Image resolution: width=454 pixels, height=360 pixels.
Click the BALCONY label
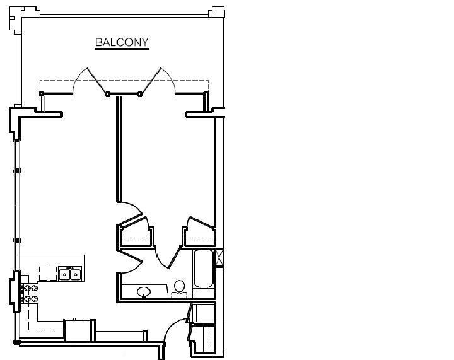tap(122, 43)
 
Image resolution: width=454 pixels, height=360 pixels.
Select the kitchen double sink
tap(70, 274)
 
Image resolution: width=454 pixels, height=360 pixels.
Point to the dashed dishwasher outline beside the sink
tap(48, 273)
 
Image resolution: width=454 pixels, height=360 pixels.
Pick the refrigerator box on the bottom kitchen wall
tap(80, 330)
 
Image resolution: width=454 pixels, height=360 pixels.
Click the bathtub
tap(203, 269)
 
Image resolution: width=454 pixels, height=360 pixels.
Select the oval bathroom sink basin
tap(144, 292)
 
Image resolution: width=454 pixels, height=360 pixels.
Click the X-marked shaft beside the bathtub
tap(219, 258)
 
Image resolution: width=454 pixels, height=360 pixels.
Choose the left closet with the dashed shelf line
tap(136, 235)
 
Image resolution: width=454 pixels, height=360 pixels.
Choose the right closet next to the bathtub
tap(200, 234)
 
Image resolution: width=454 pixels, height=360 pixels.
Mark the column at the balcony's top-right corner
tap(218, 11)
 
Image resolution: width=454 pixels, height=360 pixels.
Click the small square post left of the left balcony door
tap(42, 94)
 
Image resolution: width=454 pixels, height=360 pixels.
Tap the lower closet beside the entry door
tap(203, 338)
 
